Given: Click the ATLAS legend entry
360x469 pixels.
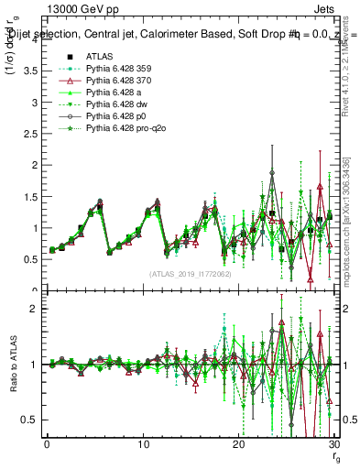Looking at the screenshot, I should tap(99, 56).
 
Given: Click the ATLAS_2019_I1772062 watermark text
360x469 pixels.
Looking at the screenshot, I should tap(190, 273).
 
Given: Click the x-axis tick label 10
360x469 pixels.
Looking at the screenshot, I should tap(143, 444).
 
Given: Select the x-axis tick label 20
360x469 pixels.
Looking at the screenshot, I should tap(238, 444).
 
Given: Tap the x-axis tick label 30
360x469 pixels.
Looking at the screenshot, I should tap(333, 444).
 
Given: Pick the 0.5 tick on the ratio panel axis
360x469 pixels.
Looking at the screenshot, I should tap(31, 420).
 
